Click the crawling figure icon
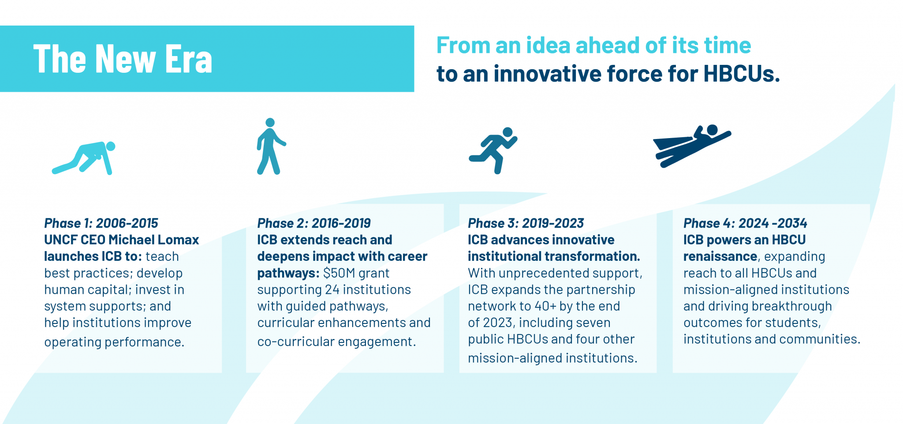pos(84,158)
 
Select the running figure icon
pos(493,150)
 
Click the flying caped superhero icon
pos(691,146)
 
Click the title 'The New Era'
pos(123,59)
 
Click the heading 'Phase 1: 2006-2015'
pos(101,223)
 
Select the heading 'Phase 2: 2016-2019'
pos(313,223)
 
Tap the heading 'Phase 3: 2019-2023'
pos(526,223)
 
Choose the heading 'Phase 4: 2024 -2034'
pos(745,223)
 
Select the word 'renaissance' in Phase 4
pos(720,256)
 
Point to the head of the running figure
pos(507,132)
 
